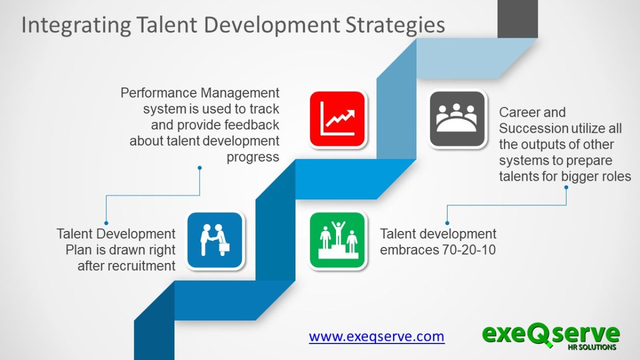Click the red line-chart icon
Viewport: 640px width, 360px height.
[338, 119]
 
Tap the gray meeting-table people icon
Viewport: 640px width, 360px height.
[457, 119]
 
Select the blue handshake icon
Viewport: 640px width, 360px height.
[215, 241]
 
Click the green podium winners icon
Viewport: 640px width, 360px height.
[338, 241]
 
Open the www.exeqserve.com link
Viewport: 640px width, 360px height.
[377, 337]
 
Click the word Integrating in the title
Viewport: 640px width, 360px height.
[69, 26]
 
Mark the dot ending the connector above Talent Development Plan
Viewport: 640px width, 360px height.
[107, 222]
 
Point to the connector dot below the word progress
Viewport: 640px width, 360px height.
[200, 167]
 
